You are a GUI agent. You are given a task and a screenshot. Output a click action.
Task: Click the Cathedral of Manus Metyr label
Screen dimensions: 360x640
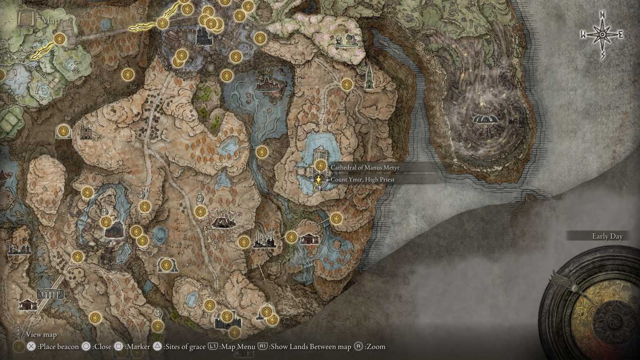point(365,167)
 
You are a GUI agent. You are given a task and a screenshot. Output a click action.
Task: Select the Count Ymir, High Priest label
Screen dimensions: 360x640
point(362,179)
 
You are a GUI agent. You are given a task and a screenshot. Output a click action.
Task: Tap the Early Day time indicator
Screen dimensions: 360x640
point(607,236)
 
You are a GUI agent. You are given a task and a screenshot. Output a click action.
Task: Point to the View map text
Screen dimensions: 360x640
point(41,334)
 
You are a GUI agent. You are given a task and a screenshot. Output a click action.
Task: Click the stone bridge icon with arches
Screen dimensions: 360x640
point(48,294)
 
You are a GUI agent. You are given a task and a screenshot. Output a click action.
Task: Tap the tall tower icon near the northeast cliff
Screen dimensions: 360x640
point(369,78)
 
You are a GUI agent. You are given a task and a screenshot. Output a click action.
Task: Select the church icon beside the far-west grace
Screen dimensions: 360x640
point(86,130)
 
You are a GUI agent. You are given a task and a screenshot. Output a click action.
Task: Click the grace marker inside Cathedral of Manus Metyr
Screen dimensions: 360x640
point(320,165)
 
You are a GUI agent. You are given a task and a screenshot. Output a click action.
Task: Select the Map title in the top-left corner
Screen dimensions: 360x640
point(51,20)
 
